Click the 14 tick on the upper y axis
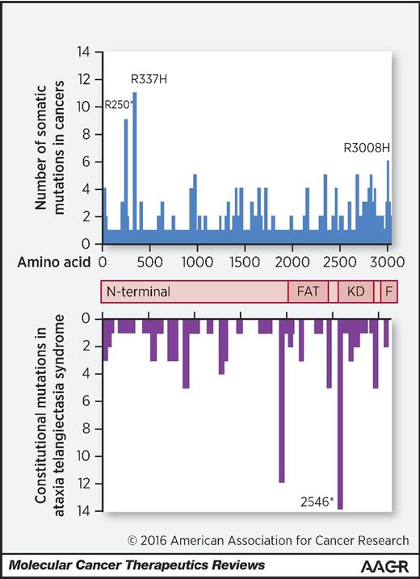point(83,52)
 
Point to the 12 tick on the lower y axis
point(83,483)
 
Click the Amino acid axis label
point(53,262)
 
